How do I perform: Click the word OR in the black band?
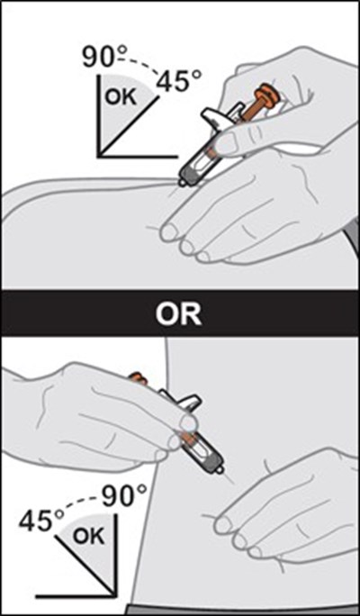[x=178, y=313]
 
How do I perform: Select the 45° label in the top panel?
[x=179, y=82]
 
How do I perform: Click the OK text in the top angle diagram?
[x=121, y=96]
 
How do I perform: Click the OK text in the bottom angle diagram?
[x=89, y=536]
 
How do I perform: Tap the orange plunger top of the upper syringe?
[x=265, y=94]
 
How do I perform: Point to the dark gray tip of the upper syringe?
[x=188, y=176]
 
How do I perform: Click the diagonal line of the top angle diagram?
[x=130, y=126]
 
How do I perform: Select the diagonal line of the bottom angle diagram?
[x=86, y=566]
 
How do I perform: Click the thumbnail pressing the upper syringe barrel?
[x=225, y=141]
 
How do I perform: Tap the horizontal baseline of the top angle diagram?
[x=138, y=156]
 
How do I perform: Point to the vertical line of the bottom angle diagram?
[x=116, y=555]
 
